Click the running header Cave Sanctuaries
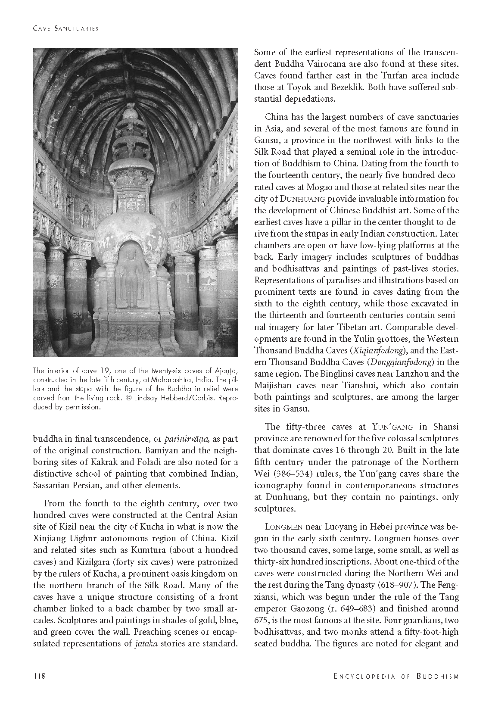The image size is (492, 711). (x=66, y=28)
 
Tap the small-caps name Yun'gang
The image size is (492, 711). (x=392, y=427)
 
